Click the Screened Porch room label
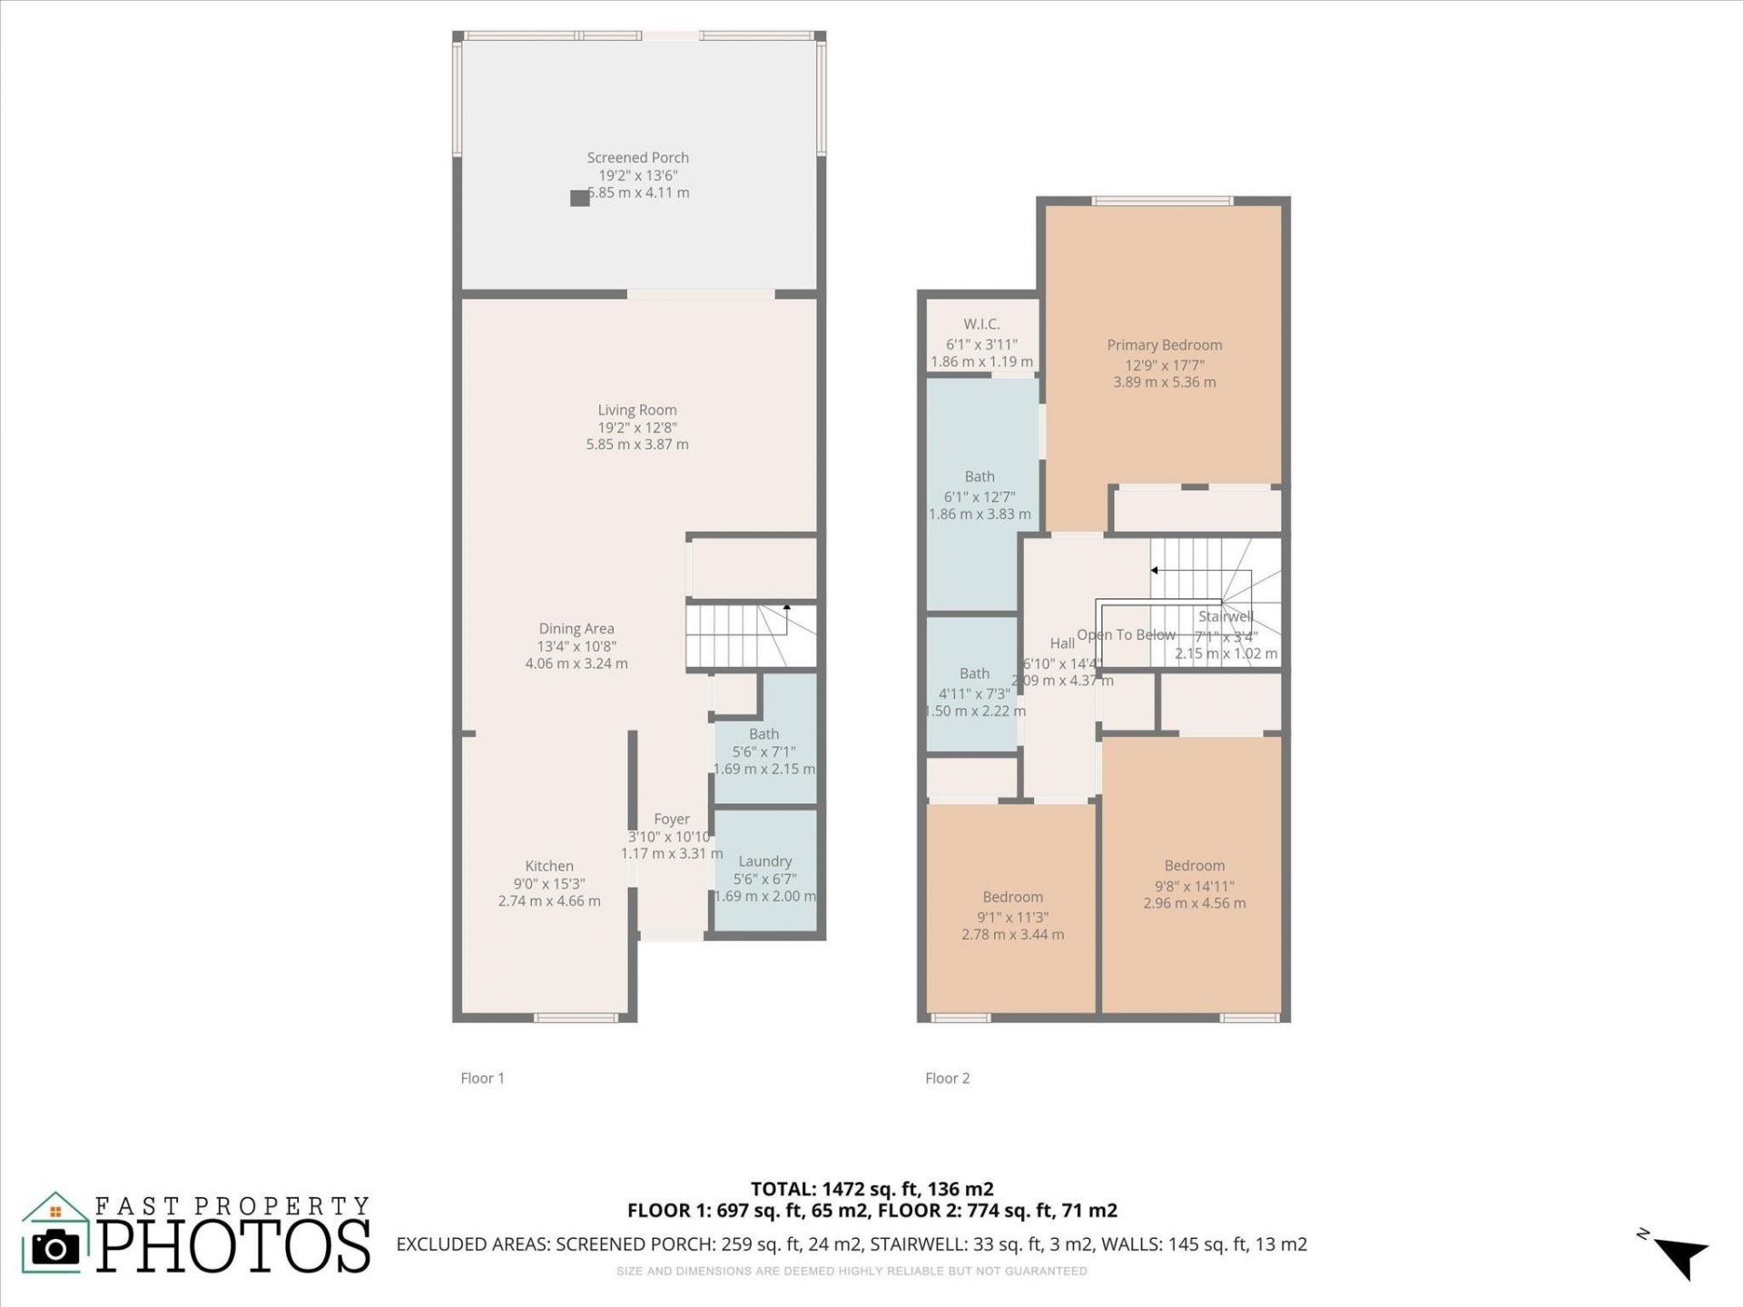tap(637, 158)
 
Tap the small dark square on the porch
tap(579, 198)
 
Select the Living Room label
tap(637, 410)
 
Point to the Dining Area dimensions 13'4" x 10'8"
tap(576, 646)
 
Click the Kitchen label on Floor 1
tap(549, 866)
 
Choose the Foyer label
tap(672, 819)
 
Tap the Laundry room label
tap(765, 861)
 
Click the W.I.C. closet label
tap(981, 324)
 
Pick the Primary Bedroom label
tap(1164, 345)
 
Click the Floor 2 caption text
tap(947, 1078)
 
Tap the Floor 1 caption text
tap(482, 1078)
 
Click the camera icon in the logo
tap(55, 1248)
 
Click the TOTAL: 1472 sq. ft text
tap(871, 1189)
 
